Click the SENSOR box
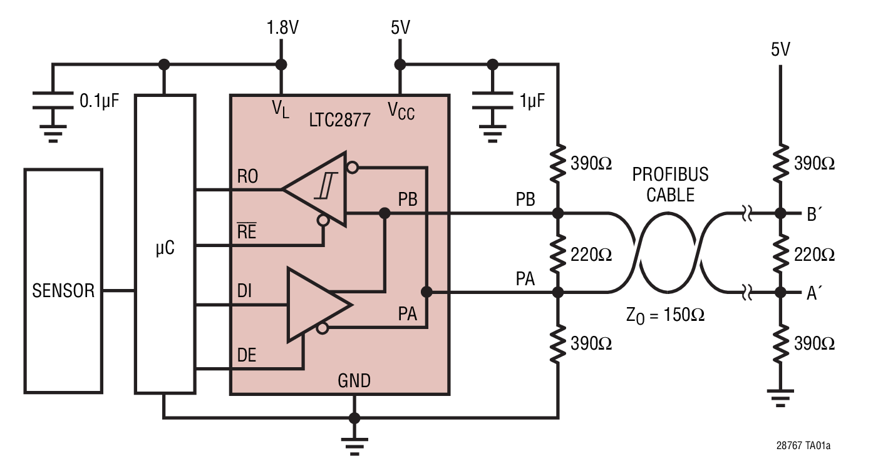[63, 281]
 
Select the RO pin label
[247, 177]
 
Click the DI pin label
[244, 291]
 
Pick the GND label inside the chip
[354, 380]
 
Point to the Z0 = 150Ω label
[665, 315]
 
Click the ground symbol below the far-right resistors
[780, 397]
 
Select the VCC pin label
[401, 111]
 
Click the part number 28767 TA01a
[803, 446]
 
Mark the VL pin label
[281, 109]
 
